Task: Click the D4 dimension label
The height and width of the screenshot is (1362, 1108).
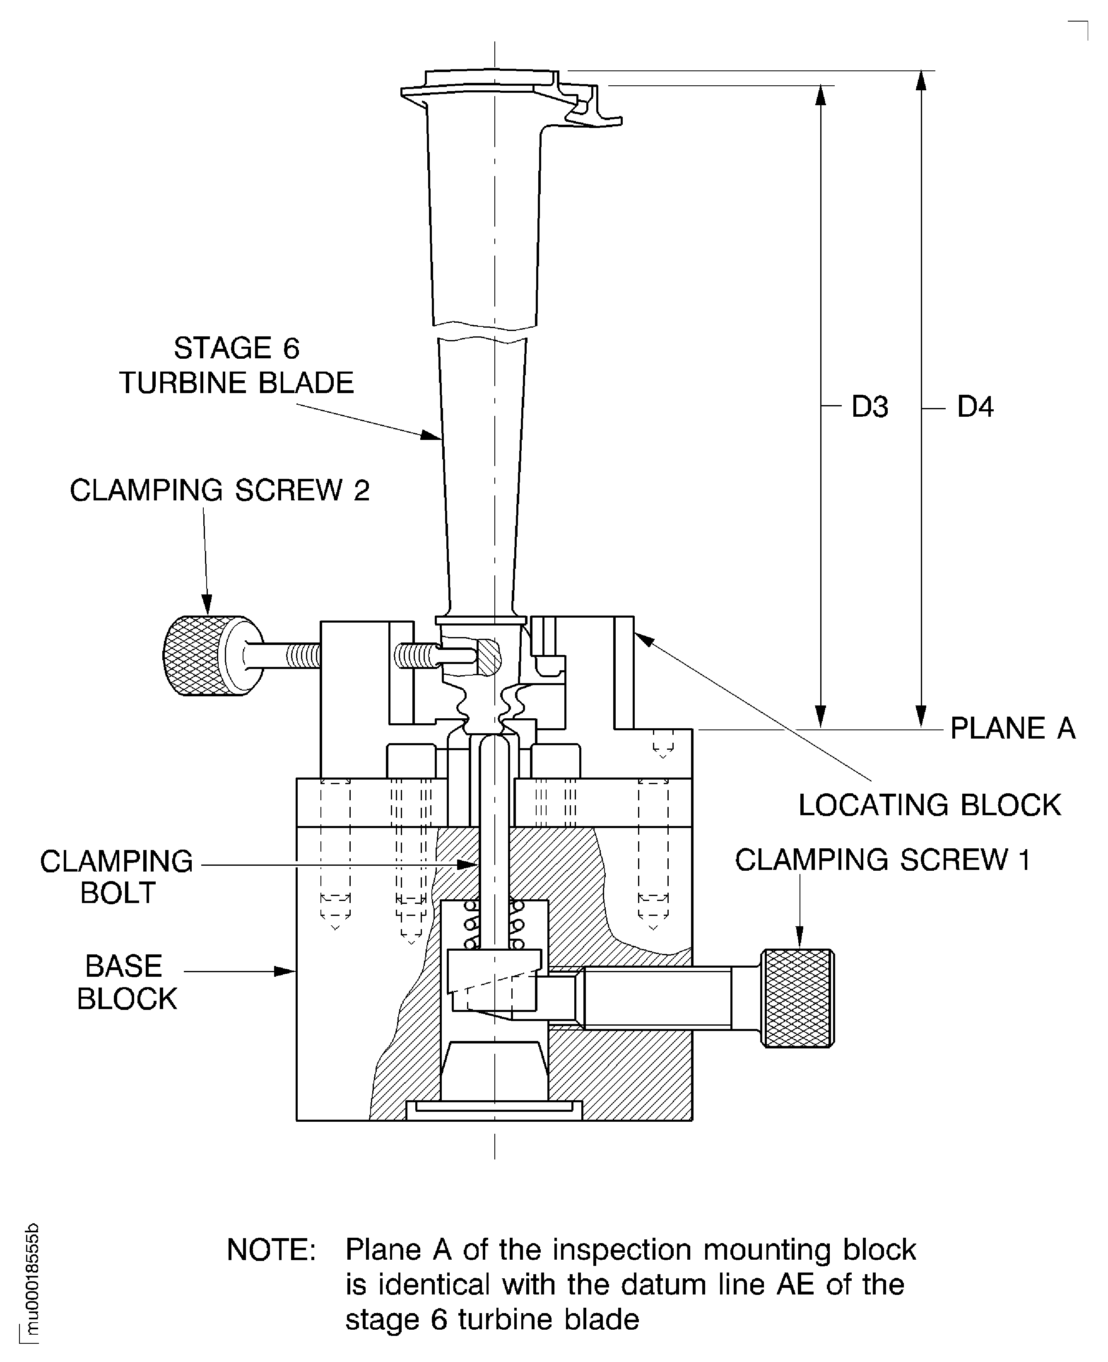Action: coord(975,407)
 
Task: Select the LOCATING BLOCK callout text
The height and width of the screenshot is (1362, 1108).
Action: coord(929,805)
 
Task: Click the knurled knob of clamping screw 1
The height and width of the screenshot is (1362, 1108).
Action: coord(798,998)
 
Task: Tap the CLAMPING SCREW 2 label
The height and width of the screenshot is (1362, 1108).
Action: coord(219,490)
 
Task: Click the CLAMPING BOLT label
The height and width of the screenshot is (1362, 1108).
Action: coord(117,877)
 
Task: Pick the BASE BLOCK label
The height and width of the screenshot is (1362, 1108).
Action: coord(126,982)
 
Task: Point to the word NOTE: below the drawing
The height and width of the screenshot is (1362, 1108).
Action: coord(271,1250)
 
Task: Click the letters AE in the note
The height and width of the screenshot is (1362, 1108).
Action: coord(795,1284)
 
